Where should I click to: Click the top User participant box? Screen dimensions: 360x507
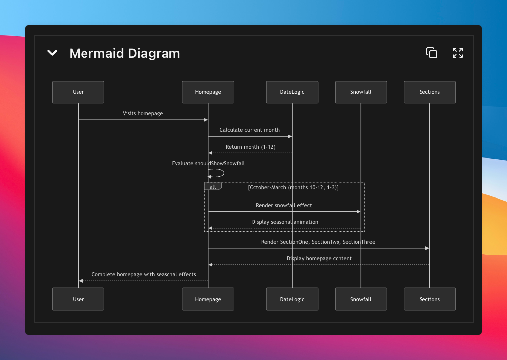[78, 92]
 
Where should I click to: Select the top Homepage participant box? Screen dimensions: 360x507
[208, 92]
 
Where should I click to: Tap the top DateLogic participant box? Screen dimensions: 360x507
[292, 92]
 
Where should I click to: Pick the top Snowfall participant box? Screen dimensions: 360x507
[361, 92]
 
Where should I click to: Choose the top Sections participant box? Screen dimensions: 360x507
[429, 92]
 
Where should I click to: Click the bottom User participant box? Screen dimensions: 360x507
[78, 299]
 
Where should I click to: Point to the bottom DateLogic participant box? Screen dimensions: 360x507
[292, 299]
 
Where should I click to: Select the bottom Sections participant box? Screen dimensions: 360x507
[429, 299]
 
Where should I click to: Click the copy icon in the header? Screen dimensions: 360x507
[432, 53]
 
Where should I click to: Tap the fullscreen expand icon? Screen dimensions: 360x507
[458, 53]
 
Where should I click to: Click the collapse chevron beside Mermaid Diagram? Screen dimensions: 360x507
[52, 53]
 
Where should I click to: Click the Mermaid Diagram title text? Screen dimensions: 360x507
[125, 53]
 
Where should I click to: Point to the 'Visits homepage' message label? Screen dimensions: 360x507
[143, 114]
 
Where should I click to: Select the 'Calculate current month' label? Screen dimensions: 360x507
[250, 130]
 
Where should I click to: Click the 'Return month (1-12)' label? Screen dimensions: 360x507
[251, 147]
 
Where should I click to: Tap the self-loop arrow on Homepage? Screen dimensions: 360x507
[219, 173]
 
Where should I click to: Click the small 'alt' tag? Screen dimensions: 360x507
[213, 187]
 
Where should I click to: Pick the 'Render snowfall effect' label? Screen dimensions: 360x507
[284, 205]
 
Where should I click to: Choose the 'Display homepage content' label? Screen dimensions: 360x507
[319, 258]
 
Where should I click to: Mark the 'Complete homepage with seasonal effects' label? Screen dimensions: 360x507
[144, 274]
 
